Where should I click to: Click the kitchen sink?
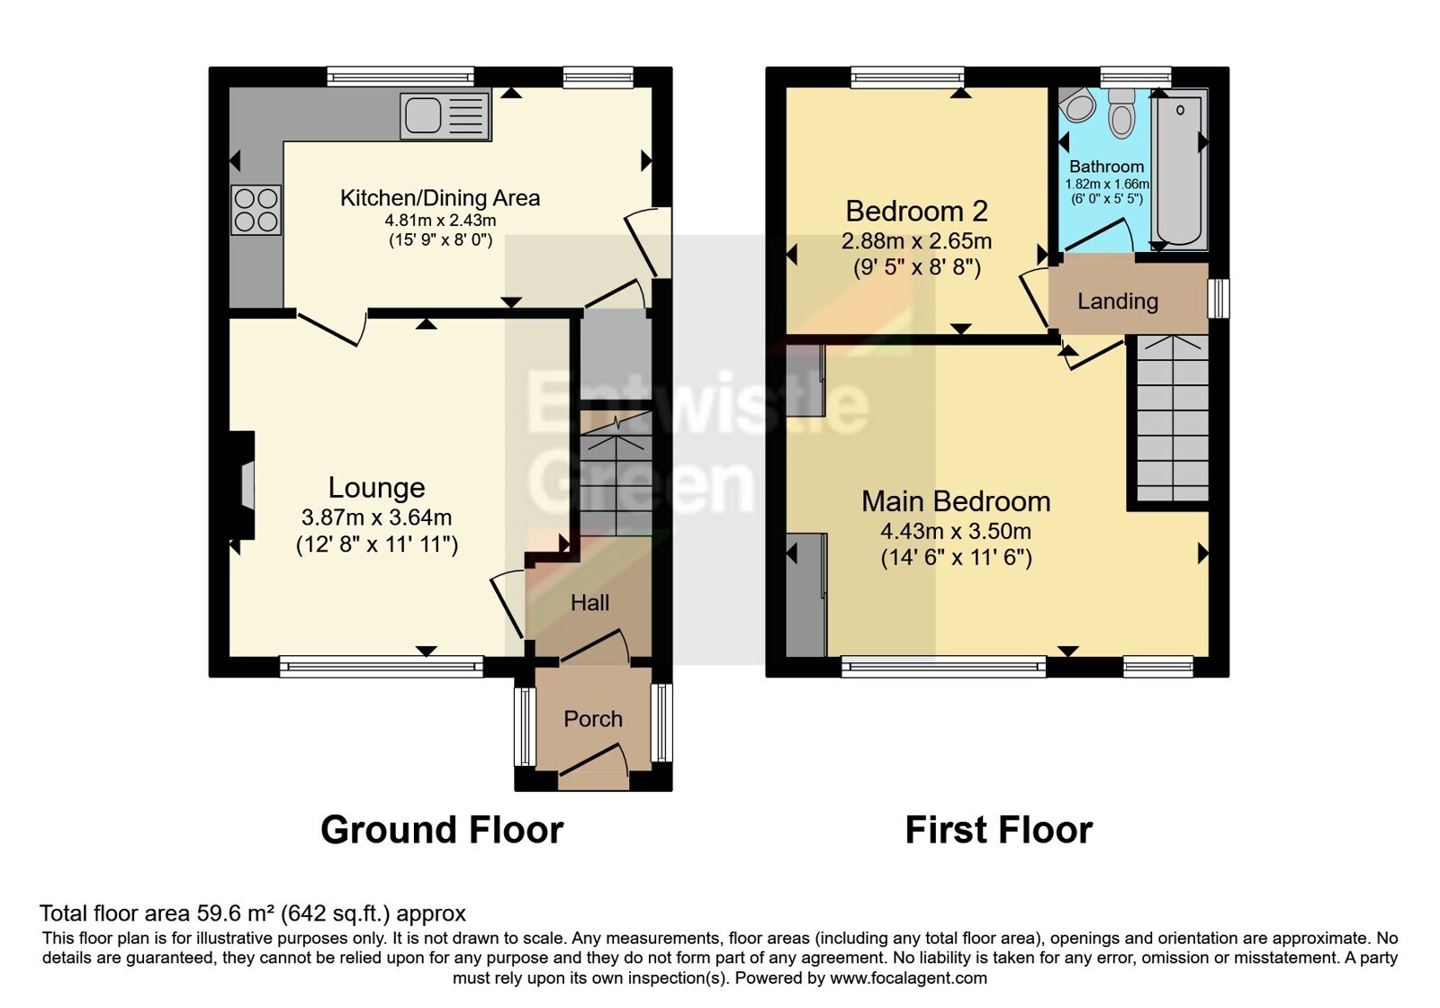[x=445, y=116]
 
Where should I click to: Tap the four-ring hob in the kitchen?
[x=256, y=210]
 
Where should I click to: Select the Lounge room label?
[x=377, y=487]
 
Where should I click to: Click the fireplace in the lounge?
[x=242, y=484]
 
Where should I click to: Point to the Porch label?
[x=593, y=719]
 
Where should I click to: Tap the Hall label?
[x=590, y=602]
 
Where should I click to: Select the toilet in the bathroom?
[x=1121, y=113]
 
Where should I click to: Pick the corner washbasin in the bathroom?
[x=1076, y=105]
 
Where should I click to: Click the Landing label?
[x=1118, y=301]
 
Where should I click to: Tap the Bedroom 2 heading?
[x=916, y=211]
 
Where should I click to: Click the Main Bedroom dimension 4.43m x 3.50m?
[x=956, y=531]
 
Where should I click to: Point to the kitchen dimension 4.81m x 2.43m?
[x=440, y=220]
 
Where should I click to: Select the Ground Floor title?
[x=442, y=830]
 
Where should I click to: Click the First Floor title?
[x=999, y=830]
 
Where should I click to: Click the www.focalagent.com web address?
[x=908, y=978]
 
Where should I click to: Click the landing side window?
[x=1219, y=298]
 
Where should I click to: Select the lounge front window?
[x=382, y=666]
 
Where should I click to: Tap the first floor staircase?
[x=1174, y=418]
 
